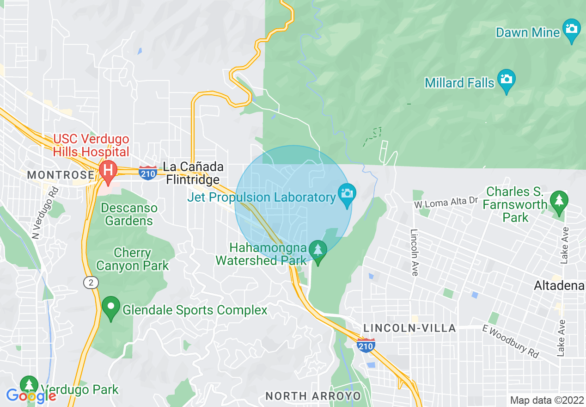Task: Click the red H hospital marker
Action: pyautogui.click(x=108, y=170)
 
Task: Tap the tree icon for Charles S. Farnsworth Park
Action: pyautogui.click(x=559, y=202)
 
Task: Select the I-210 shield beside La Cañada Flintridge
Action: pyautogui.click(x=147, y=172)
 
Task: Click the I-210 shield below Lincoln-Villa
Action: pyautogui.click(x=366, y=345)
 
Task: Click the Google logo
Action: pyautogui.click(x=31, y=396)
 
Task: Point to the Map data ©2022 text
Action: pyautogui.click(x=547, y=400)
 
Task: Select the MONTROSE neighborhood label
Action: pyautogui.click(x=61, y=175)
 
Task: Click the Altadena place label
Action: pyautogui.click(x=559, y=286)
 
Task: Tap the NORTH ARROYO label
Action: pyautogui.click(x=313, y=396)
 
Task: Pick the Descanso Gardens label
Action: pyautogui.click(x=129, y=214)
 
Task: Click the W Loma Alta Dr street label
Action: pyautogui.click(x=446, y=202)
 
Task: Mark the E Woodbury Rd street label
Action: pyautogui.click(x=510, y=341)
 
